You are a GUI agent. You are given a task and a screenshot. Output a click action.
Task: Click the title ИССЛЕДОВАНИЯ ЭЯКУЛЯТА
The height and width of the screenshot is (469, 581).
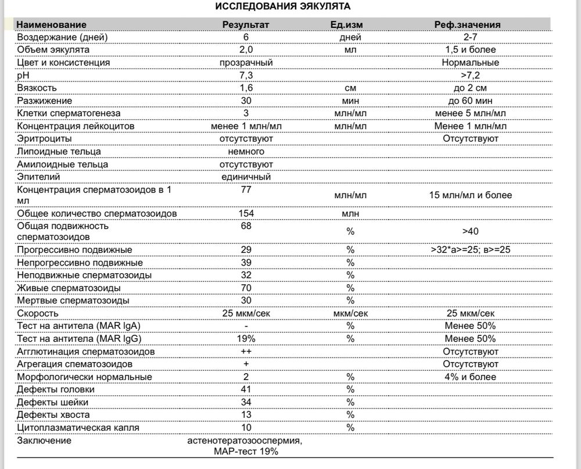(283, 6)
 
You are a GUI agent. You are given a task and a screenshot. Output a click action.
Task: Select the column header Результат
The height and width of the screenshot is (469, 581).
(246, 24)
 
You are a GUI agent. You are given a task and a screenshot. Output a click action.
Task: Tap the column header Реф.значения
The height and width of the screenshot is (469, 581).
(467, 24)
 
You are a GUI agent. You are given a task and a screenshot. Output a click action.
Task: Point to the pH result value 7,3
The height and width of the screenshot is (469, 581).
(246, 75)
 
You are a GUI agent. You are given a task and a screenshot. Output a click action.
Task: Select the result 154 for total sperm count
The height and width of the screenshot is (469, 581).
(246, 213)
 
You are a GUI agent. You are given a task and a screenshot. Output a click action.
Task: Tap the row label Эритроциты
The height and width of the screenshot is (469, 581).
(45, 139)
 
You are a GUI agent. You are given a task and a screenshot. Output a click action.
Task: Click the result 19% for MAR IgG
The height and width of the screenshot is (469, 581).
(246, 339)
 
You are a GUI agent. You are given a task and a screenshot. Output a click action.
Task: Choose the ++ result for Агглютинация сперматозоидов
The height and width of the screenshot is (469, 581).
(246, 352)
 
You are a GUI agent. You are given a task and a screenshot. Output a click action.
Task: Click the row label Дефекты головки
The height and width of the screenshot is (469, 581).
(56, 389)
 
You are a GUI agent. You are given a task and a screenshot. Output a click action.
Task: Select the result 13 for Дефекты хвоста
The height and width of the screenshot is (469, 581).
(246, 414)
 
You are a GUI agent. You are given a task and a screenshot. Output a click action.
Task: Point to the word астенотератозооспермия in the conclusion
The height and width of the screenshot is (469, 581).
(245, 441)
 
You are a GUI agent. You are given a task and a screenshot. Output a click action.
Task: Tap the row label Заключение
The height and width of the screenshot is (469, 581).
(44, 441)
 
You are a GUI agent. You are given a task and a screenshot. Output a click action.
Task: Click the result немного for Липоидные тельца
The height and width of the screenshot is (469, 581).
(246, 152)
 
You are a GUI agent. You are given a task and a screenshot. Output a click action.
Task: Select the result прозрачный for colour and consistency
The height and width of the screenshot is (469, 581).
(246, 62)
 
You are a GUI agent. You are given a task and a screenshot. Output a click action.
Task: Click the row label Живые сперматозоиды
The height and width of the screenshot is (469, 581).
(69, 288)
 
